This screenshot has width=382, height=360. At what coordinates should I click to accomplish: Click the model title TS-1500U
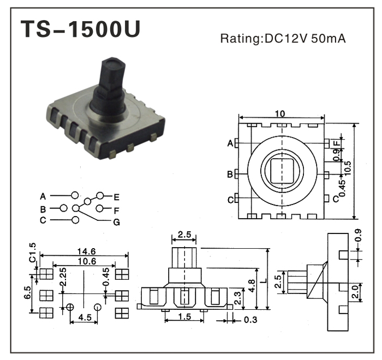click(x=80, y=31)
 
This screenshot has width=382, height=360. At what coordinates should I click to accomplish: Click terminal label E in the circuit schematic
click(x=117, y=196)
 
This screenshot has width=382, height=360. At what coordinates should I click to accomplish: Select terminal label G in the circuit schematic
click(x=117, y=222)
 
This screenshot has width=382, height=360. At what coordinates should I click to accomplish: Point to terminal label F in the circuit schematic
click(x=117, y=209)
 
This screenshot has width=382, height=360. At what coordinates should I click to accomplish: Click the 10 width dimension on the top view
click(x=280, y=114)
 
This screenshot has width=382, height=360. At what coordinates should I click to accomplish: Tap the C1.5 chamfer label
click(x=32, y=252)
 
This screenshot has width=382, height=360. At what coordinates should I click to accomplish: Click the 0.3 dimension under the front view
click(x=250, y=319)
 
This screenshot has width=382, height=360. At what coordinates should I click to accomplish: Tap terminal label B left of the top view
click(x=230, y=175)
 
